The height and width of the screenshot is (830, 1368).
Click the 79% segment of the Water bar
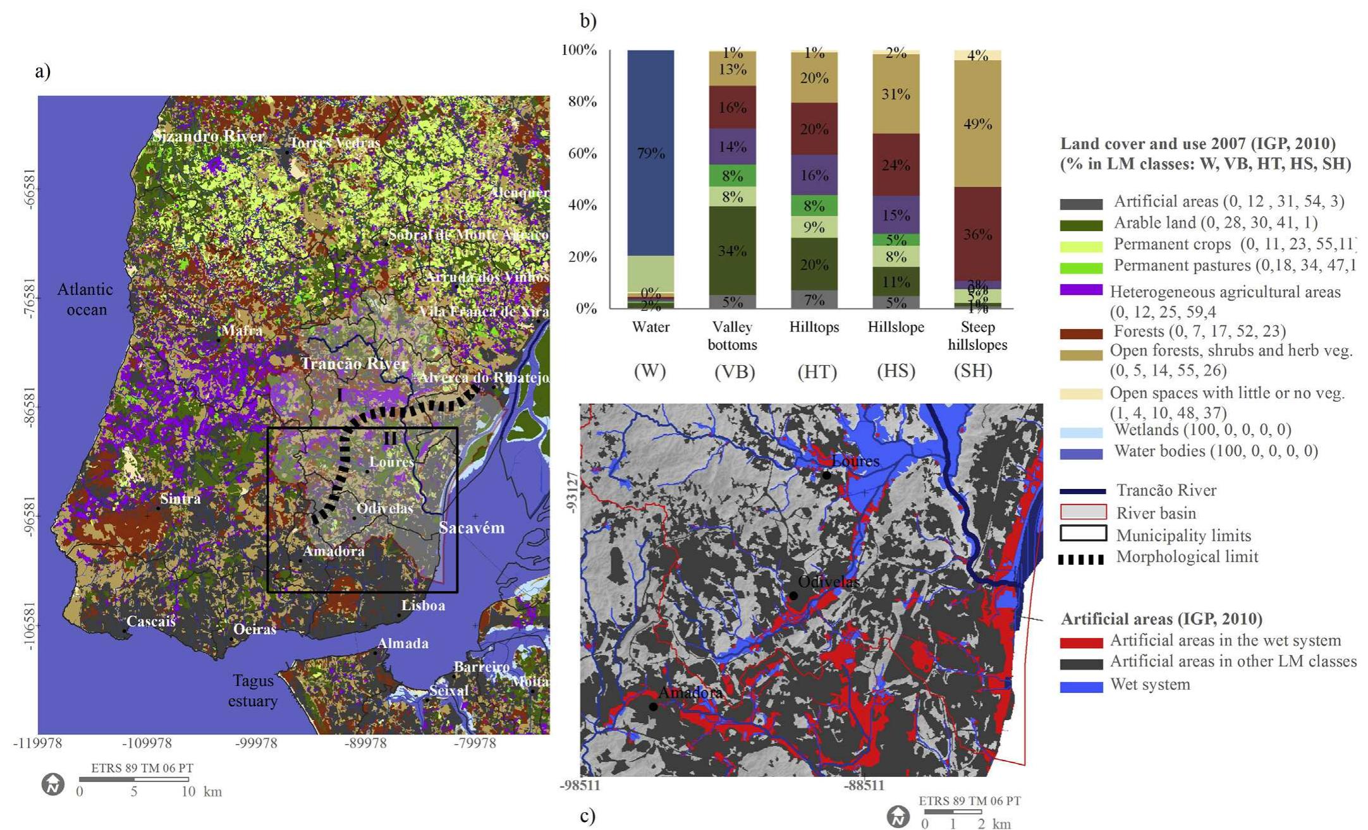650,153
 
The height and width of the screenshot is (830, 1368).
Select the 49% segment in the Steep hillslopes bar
977,124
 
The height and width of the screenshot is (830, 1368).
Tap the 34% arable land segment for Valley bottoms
732,251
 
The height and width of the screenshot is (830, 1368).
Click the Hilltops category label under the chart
814,327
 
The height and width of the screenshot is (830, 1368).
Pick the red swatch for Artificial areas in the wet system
1081,642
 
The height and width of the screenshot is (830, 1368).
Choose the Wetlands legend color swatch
1081,433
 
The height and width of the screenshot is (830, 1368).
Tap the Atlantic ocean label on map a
85,299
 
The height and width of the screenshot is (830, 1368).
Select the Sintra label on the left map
180,498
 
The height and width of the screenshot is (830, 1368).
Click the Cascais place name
150,621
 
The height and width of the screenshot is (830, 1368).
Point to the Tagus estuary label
253,690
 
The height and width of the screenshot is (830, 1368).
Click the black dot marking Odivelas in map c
793,595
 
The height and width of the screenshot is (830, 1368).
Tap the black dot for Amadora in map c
653,706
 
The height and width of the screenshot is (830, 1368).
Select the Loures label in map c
855,461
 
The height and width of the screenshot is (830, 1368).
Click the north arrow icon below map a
53,785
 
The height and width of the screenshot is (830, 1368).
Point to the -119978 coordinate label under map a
38,743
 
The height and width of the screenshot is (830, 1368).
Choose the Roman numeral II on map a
390,438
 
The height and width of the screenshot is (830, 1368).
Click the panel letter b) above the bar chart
588,21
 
